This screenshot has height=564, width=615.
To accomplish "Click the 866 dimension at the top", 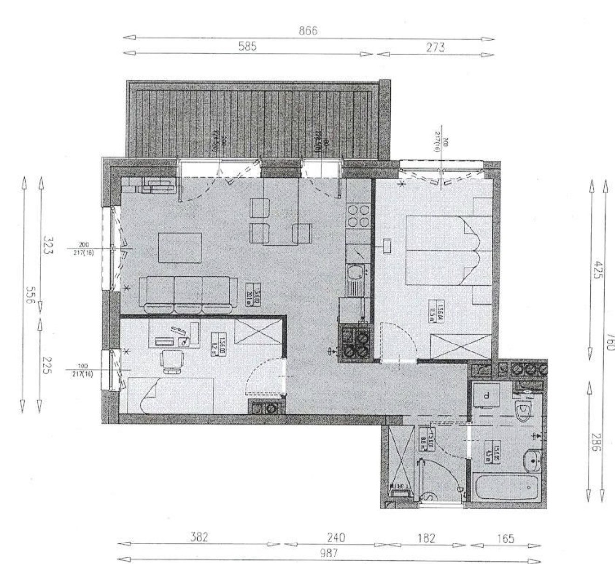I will pos(308,31).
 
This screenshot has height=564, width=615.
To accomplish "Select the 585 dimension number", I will pos(247,47).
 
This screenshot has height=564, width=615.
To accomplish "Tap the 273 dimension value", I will pos(435,47).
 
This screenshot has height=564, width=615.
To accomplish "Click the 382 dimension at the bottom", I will pos(199,537).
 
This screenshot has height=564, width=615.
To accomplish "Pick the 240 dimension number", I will pos(335,537).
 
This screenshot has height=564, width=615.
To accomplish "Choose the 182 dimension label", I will pos(426,538).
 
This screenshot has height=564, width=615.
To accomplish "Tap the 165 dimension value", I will pos(506,539).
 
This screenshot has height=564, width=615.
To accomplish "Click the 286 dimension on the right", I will pos(595,442).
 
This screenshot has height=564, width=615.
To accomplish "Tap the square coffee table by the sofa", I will pos(180,248).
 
